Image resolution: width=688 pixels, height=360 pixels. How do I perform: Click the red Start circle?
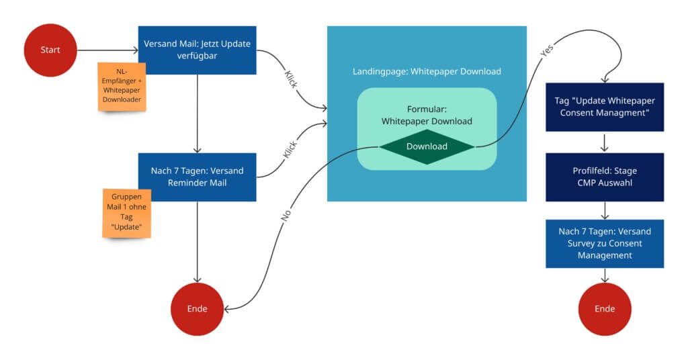[50, 50]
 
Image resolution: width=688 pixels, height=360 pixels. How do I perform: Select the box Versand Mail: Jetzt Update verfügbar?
[197, 50]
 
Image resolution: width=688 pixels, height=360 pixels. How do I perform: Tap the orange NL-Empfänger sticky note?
[122, 86]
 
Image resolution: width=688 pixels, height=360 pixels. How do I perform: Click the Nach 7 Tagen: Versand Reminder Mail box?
[197, 177]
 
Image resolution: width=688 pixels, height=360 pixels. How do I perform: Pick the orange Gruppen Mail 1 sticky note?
[126, 213]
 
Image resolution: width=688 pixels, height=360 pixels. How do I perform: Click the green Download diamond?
[427, 146]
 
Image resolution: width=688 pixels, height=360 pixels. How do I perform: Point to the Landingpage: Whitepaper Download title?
[427, 71]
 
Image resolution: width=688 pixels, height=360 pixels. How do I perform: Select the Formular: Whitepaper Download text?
[427, 115]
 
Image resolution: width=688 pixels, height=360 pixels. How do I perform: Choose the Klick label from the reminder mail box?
[291, 148]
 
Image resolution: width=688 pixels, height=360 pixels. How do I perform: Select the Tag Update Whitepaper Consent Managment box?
[605, 107]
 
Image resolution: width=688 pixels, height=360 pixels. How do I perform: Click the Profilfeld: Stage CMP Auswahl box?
[605, 177]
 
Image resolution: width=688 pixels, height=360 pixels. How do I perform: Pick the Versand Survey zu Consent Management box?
[605, 243]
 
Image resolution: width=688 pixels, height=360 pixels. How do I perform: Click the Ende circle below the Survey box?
[605, 309]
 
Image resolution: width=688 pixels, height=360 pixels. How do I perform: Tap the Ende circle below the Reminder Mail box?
[197, 309]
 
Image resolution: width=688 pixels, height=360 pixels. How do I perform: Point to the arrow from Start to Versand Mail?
[107, 50]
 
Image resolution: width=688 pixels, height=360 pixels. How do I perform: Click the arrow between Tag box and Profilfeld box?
[605, 142]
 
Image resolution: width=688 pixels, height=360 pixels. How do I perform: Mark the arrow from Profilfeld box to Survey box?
[605, 210]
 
